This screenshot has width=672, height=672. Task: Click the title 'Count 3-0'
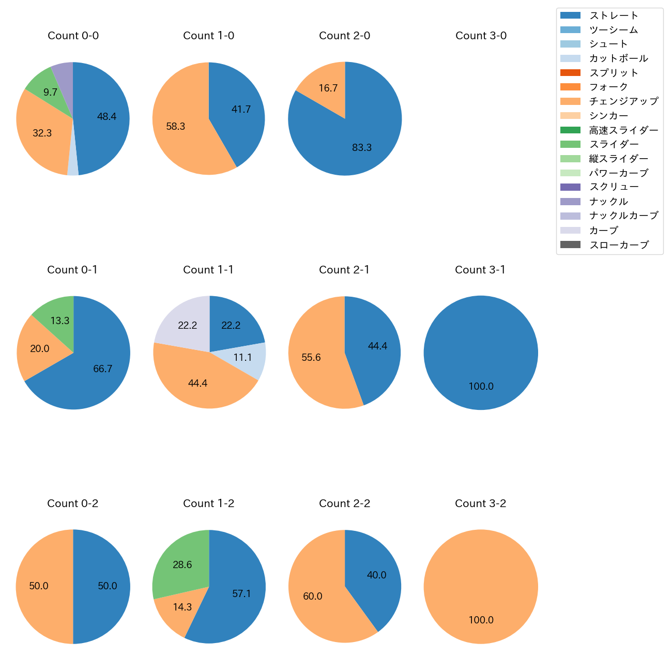tap(481, 36)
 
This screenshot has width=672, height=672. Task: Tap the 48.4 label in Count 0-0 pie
tap(107, 117)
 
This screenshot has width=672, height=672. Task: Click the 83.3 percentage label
tap(362, 148)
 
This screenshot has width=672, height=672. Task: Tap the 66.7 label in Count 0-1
tap(103, 369)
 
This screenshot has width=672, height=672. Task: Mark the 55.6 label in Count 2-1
tap(311, 358)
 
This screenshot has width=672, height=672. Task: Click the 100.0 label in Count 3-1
tap(481, 387)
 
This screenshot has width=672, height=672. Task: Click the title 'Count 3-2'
tap(480, 503)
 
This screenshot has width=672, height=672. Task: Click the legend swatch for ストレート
tap(570, 16)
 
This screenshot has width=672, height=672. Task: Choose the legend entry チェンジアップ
tap(623, 101)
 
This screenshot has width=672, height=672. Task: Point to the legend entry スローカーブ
tap(618, 245)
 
